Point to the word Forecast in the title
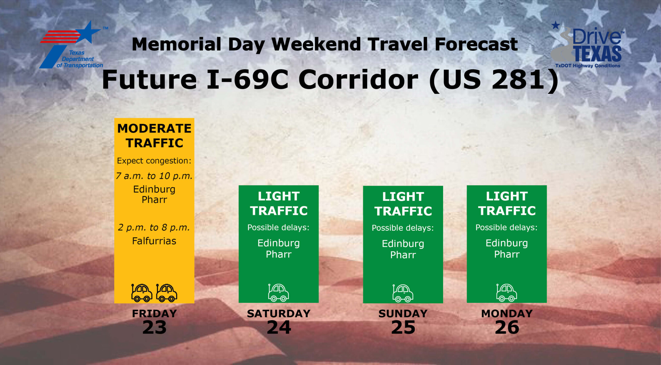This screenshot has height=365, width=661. (x=476, y=44)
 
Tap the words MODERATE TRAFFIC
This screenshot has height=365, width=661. (x=154, y=136)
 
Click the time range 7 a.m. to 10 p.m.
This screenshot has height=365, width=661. (x=154, y=176)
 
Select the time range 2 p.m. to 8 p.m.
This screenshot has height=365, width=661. (x=154, y=228)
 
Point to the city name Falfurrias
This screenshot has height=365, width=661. (x=154, y=241)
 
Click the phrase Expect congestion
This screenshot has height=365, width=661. (x=154, y=161)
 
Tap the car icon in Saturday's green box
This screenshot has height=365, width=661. (x=278, y=293)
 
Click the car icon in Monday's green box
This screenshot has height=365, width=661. (x=507, y=293)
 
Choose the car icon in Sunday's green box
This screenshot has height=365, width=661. (x=403, y=293)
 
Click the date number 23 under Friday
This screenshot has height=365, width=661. (x=154, y=327)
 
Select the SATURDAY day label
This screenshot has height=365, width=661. (x=279, y=314)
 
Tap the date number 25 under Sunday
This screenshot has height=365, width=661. (x=403, y=327)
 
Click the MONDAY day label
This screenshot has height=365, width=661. (x=507, y=314)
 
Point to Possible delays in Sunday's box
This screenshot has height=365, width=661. (x=403, y=228)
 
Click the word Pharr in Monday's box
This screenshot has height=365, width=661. (x=507, y=254)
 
